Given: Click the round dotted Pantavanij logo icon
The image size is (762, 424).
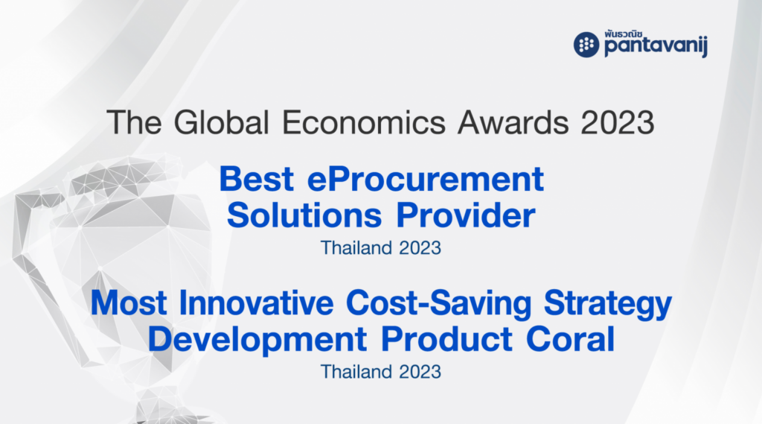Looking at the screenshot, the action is coord(586,45).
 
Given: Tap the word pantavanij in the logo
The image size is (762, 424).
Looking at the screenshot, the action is coord(656,47).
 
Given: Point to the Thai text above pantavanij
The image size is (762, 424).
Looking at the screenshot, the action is coord(624,34).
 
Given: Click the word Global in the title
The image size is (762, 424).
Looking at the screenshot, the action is coord(222,122).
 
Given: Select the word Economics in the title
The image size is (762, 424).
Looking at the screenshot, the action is coord(363,122).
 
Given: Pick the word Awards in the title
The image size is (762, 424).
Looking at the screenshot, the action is coord(513,122).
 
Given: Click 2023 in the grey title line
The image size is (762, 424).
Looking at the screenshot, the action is coord(618,122).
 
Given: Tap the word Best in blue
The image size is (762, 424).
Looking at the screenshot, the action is coord(257,179).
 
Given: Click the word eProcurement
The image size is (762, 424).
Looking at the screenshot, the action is coord(425,179).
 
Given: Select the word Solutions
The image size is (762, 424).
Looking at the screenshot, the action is coord(304,215).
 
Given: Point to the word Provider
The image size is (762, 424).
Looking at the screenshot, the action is coord(466,215).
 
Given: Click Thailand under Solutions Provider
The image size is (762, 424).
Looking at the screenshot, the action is coord(356,248).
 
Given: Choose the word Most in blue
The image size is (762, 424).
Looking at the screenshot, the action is coord(129,303).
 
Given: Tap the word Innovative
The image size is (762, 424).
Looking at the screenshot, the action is coord(257,303).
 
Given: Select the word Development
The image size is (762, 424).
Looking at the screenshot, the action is coord(257,340).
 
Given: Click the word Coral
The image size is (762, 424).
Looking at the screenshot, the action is coord(571,339).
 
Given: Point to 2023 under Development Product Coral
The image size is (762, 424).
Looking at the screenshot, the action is coord(420,372).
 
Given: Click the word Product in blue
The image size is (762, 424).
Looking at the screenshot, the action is coord(446,339).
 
